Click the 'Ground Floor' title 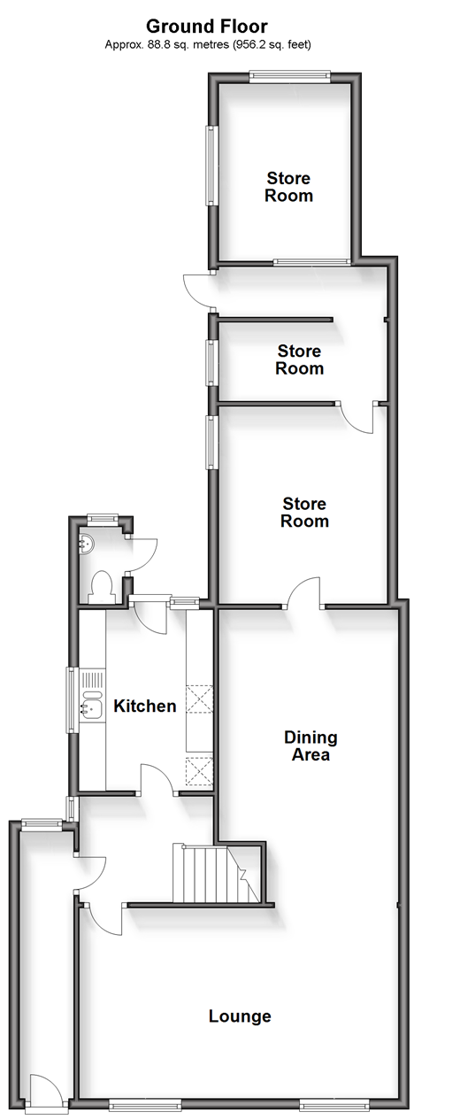click(x=206, y=26)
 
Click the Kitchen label click(x=145, y=706)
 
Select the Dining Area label click(x=310, y=745)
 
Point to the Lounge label click(x=240, y=1016)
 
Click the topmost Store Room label click(x=288, y=187)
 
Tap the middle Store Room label click(x=299, y=359)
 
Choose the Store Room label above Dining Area click(x=304, y=512)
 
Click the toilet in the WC click(x=102, y=585)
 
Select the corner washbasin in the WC click(x=86, y=544)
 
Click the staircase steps click(x=217, y=874)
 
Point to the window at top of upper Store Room click(x=290, y=76)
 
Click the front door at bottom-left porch click(x=46, y=1093)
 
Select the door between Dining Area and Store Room click(x=304, y=593)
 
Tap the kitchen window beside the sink click(x=73, y=700)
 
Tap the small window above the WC click(x=103, y=519)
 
